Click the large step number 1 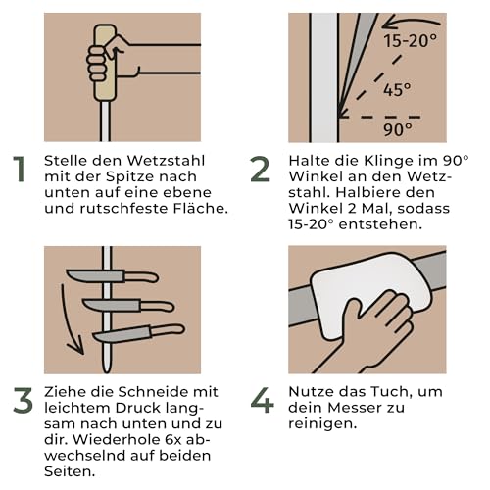[x=19, y=170]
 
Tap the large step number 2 [x=260, y=170]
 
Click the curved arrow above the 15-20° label [x=407, y=22]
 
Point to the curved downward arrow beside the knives [x=69, y=314]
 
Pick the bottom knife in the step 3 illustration [x=137, y=333]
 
